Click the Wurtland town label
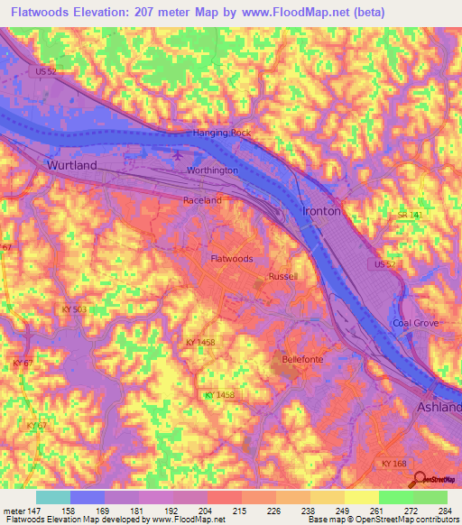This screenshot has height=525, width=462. pyautogui.click(x=71, y=166)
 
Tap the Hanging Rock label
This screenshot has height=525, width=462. pyautogui.click(x=221, y=133)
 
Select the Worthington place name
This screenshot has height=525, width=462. pyautogui.click(x=212, y=170)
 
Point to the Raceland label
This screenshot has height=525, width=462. pyautogui.click(x=202, y=200)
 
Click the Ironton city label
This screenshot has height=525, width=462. pyautogui.click(x=322, y=211)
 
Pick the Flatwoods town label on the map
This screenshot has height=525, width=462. pyautogui.click(x=231, y=258)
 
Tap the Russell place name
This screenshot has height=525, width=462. pyautogui.click(x=282, y=276)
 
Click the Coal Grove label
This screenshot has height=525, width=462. pyautogui.click(x=414, y=324)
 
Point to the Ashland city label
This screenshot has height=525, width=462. pyautogui.click(x=438, y=408)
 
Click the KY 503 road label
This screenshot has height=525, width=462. pyautogui.click(x=75, y=309)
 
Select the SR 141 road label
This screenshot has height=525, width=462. pyautogui.click(x=410, y=215)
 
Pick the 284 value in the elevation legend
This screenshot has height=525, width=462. pyautogui.click(x=441, y=512)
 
